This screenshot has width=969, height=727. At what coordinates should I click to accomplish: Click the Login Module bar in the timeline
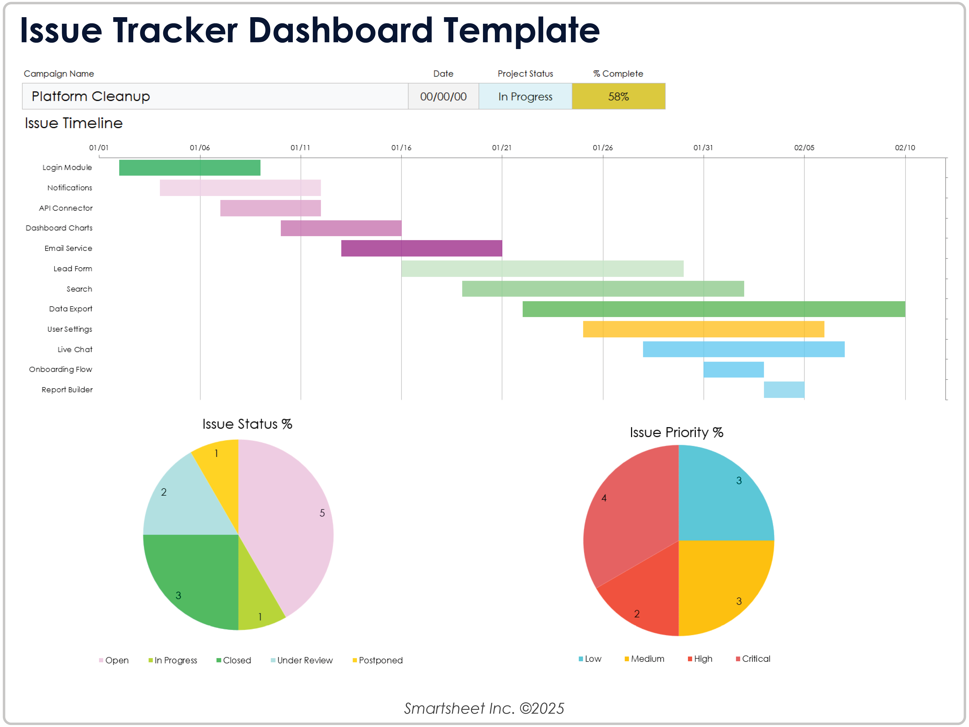coord(190,167)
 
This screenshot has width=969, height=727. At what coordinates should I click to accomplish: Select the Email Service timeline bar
coord(422,248)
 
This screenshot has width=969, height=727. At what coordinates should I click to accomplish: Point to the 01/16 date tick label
coord(401,148)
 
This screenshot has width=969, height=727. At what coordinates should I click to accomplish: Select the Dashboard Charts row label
coord(59,228)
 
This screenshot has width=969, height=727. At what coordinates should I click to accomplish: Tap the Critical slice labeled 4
coord(631,518)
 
